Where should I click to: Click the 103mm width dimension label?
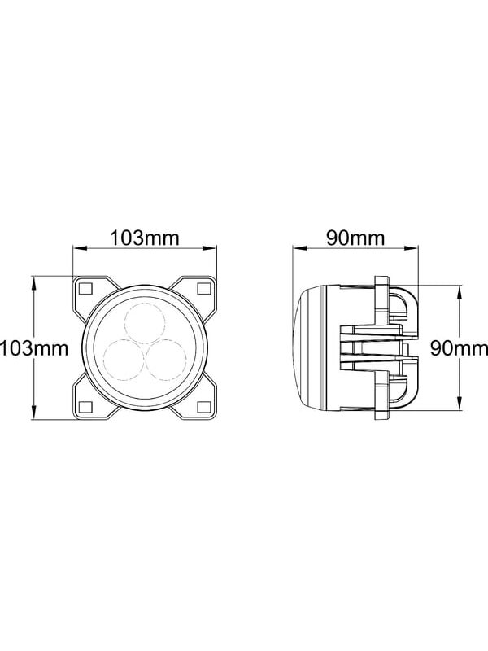(145, 238)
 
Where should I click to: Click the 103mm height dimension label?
(34, 348)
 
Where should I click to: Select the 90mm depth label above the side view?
(355, 238)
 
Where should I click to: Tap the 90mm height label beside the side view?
(459, 348)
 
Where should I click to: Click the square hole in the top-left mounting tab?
(86, 288)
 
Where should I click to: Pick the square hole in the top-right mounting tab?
(203, 288)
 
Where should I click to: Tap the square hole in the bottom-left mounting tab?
(86, 407)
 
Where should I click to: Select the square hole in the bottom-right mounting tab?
(203, 407)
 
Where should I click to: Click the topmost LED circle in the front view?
(145, 323)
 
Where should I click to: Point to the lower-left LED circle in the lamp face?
(124, 360)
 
